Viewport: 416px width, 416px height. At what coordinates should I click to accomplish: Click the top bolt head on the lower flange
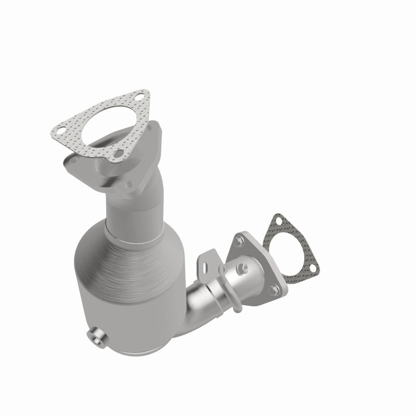(x=238, y=241)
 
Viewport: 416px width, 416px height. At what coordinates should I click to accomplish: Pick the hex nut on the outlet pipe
(x=242, y=268)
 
